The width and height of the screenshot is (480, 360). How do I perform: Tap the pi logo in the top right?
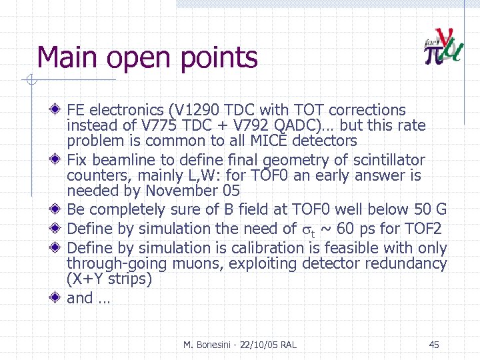click(x=442, y=47)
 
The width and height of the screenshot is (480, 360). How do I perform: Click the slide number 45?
click(x=434, y=345)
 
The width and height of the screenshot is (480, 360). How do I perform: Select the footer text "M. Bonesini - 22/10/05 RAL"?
click(x=240, y=345)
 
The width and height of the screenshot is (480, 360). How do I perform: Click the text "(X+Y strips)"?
click(x=109, y=279)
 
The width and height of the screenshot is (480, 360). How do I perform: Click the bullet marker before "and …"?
click(x=58, y=298)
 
